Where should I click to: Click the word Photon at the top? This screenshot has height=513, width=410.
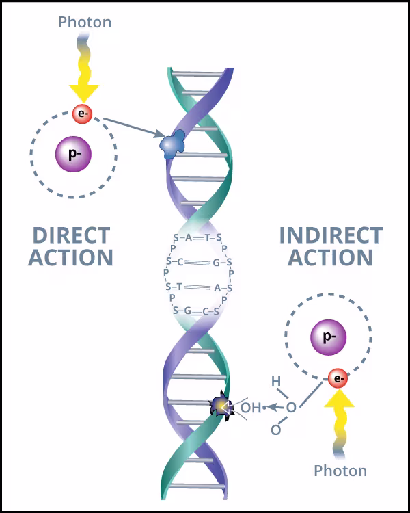[x=85, y=22]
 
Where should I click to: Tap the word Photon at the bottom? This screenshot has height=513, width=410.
[x=340, y=471]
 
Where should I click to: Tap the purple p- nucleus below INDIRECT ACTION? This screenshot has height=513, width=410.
[x=327, y=337]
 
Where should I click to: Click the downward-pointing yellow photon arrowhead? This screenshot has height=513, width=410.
[x=84, y=90]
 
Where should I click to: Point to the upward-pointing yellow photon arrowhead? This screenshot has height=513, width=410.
[x=339, y=402]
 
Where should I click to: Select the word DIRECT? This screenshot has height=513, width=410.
[x=71, y=236]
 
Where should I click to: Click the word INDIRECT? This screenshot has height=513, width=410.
[x=331, y=236]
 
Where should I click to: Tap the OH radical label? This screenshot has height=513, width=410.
[x=251, y=408]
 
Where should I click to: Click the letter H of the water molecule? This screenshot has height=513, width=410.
[x=276, y=381]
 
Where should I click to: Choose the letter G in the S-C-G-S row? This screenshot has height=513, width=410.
[x=216, y=262]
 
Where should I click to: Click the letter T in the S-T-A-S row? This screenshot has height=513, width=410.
[x=179, y=287]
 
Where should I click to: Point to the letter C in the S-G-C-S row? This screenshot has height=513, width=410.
[x=204, y=311]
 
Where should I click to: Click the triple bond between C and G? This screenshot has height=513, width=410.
[x=197, y=262]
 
